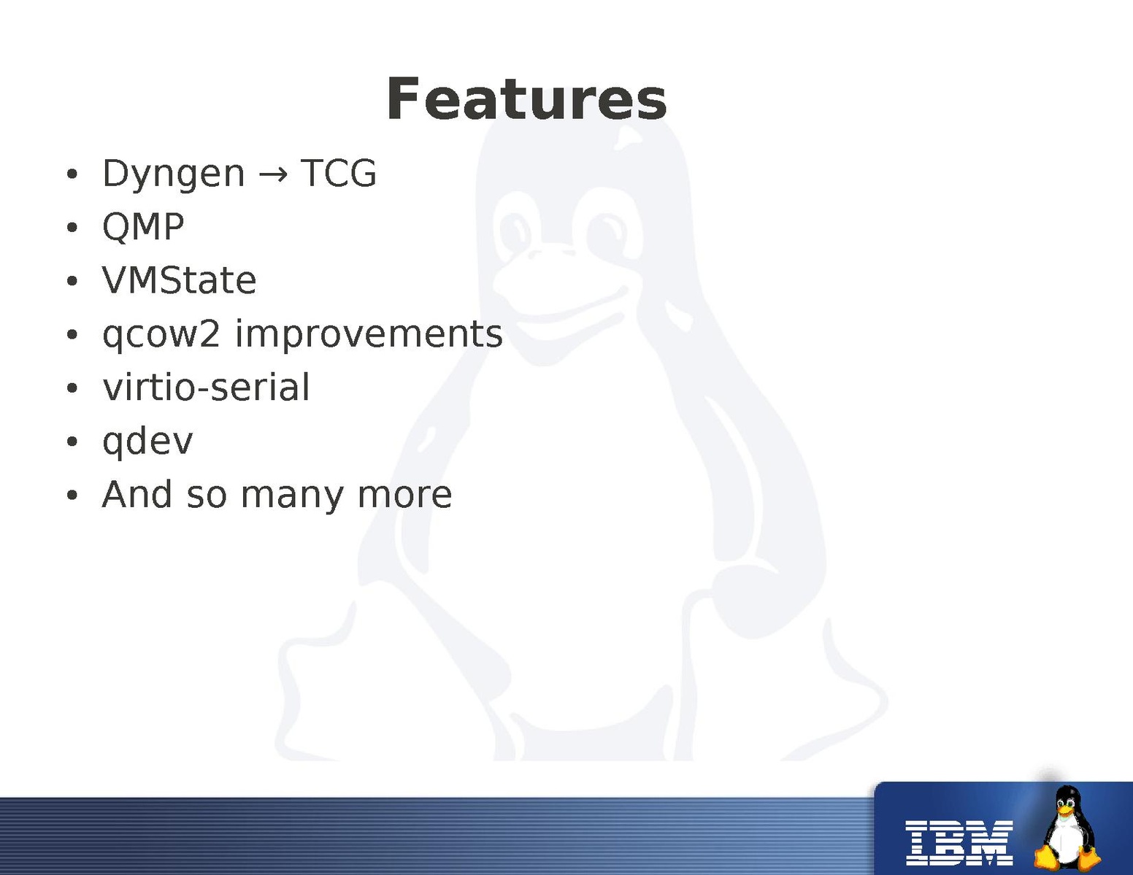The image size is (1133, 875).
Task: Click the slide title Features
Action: click(526, 99)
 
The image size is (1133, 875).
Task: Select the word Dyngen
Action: click(174, 174)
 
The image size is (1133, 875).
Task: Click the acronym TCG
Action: click(339, 173)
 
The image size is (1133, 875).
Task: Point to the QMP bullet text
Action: click(143, 227)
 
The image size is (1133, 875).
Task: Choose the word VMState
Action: click(179, 280)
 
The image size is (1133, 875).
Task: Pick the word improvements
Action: click(369, 334)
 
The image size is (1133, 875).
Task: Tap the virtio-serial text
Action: click(207, 388)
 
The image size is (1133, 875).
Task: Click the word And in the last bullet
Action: click(137, 494)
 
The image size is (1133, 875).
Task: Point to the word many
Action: click(293, 497)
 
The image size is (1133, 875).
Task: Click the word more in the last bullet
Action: click(405, 496)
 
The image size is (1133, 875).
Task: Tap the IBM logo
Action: click(959, 843)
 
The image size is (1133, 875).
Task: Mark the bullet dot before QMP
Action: click(72, 228)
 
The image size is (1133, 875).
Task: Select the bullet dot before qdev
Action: click(72, 442)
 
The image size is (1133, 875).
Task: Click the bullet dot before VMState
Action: click(72, 282)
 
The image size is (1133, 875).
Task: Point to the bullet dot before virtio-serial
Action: click(72, 388)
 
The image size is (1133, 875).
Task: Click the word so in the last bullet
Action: click(207, 496)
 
